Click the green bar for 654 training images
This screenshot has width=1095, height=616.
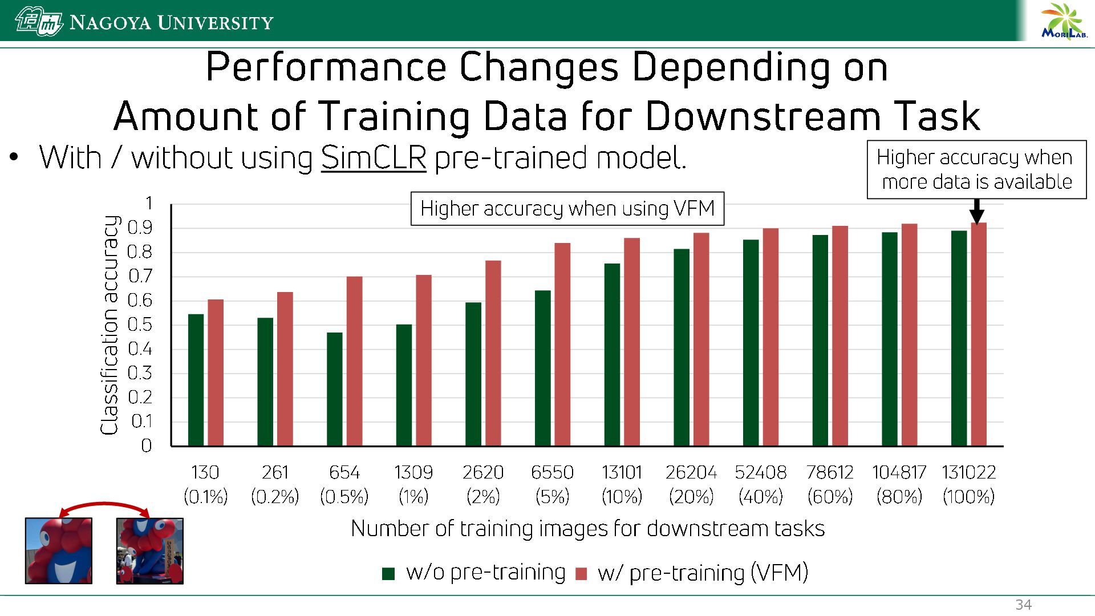(x=335, y=389)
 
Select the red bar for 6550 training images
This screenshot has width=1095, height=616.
(x=562, y=345)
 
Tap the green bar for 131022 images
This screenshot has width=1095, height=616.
(x=959, y=338)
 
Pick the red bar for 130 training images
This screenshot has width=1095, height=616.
(x=216, y=372)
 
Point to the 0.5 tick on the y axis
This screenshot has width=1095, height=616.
(x=140, y=325)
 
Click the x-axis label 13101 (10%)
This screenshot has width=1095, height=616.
(x=622, y=484)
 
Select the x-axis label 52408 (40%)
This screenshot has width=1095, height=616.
(x=760, y=484)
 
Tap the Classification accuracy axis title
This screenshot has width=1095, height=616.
(x=109, y=325)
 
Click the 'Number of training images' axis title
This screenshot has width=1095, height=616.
(x=587, y=528)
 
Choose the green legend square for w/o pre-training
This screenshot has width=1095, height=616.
(x=388, y=574)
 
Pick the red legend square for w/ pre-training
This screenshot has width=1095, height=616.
(x=581, y=574)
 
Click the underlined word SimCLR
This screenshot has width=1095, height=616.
(x=374, y=157)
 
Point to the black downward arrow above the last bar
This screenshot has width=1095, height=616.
(x=977, y=211)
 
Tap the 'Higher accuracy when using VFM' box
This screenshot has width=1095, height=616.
(x=567, y=209)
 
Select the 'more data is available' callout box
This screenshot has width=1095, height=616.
(x=976, y=169)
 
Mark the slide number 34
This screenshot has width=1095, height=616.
(x=1024, y=605)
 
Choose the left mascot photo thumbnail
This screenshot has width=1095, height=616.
(x=59, y=550)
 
